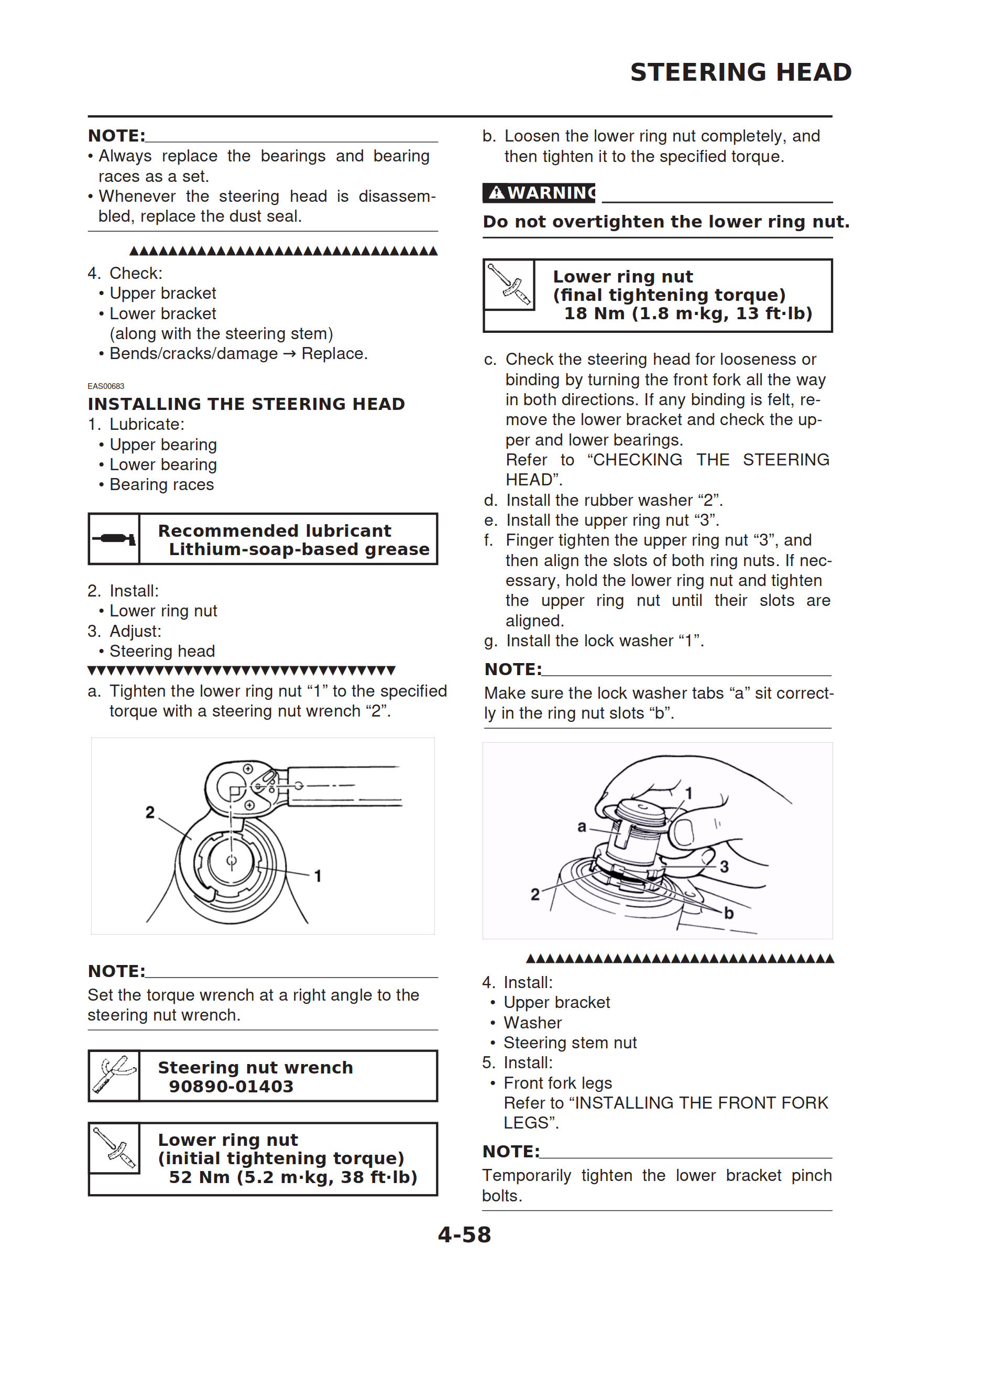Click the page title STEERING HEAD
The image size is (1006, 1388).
[740, 72]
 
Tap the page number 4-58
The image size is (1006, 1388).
[464, 1234]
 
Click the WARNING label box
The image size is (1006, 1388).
[539, 193]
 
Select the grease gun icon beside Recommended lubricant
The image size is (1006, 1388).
[114, 538]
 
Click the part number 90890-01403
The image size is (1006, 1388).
[231, 1086]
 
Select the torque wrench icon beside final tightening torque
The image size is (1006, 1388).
[509, 285]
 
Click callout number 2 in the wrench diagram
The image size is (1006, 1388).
[150, 812]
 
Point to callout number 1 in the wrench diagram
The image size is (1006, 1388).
[318, 876]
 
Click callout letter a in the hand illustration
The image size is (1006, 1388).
[582, 827]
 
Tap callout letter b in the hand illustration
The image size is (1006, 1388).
[728, 913]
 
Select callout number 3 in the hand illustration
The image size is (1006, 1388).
[724, 866]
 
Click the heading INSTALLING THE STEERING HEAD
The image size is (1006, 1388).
[246, 404]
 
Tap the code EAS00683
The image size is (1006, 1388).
[106, 386]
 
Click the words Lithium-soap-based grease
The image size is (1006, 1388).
[299, 549]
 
